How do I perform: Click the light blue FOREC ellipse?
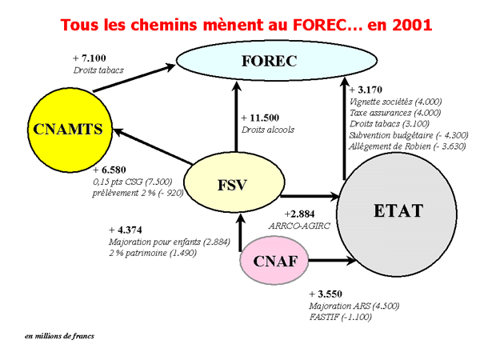[277, 60]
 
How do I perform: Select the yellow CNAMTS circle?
[70, 130]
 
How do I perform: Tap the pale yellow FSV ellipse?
[234, 183]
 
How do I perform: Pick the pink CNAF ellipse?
[274, 261]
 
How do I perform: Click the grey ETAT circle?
[397, 215]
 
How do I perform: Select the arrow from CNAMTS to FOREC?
[134, 78]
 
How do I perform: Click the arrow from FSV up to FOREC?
[236, 117]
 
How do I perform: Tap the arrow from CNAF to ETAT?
[333, 261]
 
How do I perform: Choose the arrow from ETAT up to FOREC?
[344, 129]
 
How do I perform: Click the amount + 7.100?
[90, 58]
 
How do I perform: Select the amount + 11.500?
[260, 118]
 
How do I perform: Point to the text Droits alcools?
[268, 130]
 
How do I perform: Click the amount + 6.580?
[110, 170]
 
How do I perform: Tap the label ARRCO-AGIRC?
[299, 226]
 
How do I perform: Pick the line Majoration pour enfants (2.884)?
[170, 242]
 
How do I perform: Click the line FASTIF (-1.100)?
[341, 317]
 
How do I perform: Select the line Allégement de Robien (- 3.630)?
[407, 146]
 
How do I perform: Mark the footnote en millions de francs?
[59, 336]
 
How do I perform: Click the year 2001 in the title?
[412, 25]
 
